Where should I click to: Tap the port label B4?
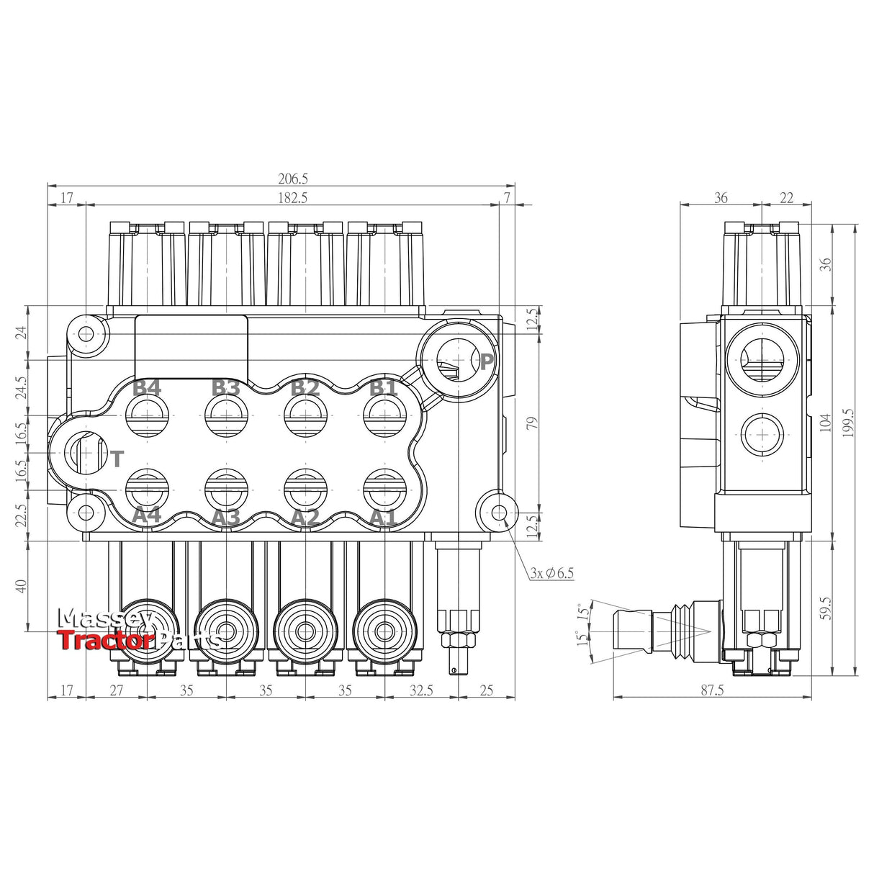147,388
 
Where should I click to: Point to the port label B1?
383,388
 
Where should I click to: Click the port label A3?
225,517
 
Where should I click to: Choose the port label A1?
383,517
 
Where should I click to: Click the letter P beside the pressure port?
487,362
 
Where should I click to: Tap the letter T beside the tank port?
117,459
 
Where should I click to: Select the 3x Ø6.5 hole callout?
551,573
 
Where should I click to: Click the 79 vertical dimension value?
532,423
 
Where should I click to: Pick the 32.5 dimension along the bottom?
421,690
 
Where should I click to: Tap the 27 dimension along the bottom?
116,690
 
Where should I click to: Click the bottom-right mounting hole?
500,513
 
